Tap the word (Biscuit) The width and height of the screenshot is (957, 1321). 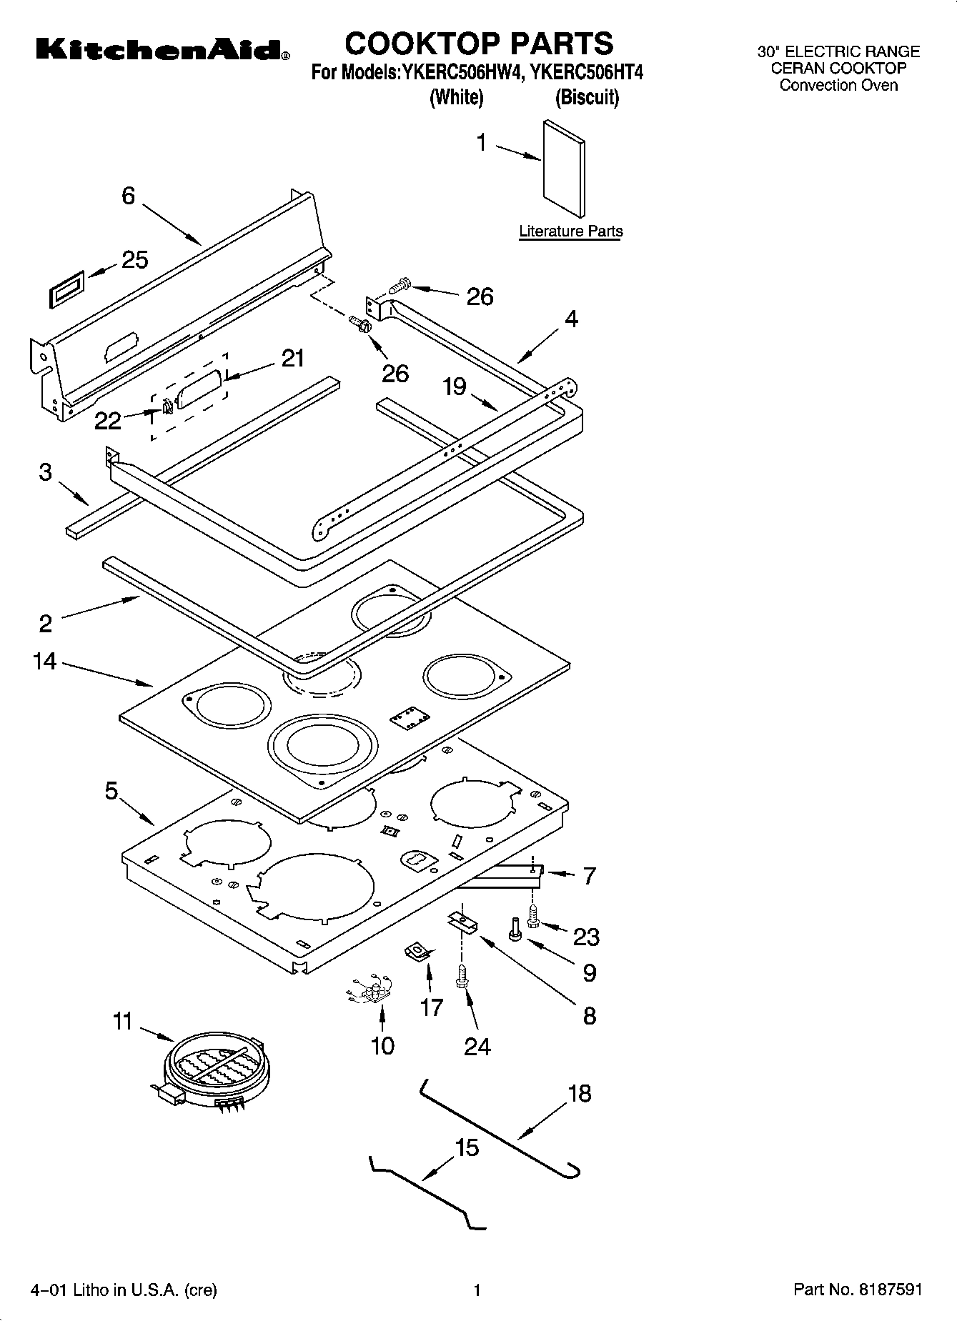[587, 97]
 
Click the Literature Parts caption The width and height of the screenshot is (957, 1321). [570, 231]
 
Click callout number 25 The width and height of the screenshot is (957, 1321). [134, 260]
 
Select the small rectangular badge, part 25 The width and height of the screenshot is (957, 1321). [67, 289]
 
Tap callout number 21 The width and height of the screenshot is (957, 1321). [292, 358]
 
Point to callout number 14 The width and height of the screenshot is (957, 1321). [44, 662]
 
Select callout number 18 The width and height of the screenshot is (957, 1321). [580, 1093]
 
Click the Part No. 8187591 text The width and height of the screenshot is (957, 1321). [858, 1290]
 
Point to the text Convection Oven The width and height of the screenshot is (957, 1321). [838, 86]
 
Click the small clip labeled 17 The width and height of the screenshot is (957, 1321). [415, 952]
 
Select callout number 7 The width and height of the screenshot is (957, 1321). [589, 875]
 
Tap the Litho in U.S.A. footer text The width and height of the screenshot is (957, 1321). [124, 1290]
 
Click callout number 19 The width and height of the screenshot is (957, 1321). [455, 387]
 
